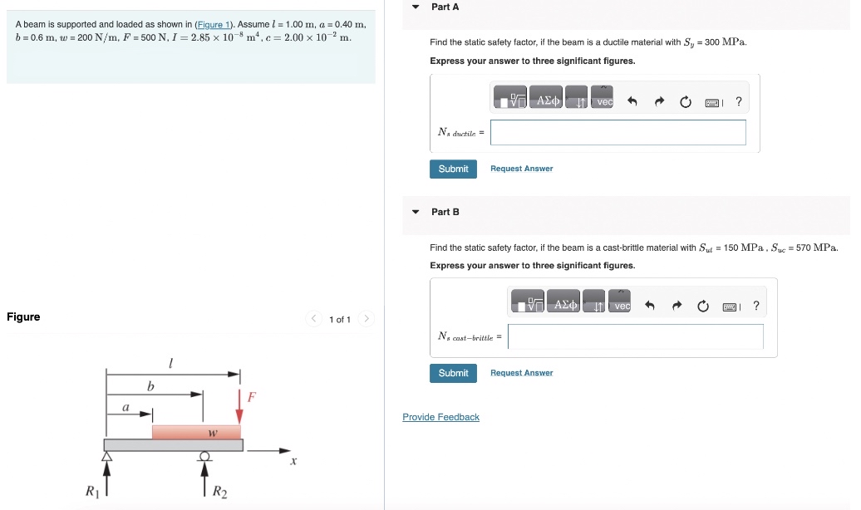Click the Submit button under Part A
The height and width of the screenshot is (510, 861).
(x=453, y=169)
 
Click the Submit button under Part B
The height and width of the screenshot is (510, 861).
(x=453, y=373)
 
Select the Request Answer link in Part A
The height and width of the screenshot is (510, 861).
(x=521, y=169)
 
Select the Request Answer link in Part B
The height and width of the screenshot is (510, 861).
(x=521, y=373)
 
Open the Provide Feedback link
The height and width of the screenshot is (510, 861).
(x=440, y=417)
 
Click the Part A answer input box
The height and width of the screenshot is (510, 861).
(x=617, y=132)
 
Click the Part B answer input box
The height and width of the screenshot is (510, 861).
(x=635, y=336)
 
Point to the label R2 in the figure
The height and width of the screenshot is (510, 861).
(x=219, y=492)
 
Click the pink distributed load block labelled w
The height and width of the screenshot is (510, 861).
(x=196, y=432)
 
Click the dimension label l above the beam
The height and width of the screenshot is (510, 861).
(x=170, y=362)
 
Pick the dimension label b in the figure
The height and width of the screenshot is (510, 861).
(x=150, y=386)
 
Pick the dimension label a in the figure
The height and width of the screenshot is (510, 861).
(x=125, y=407)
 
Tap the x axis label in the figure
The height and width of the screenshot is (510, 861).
(x=293, y=461)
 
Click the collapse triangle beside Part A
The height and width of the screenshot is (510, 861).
(x=416, y=7)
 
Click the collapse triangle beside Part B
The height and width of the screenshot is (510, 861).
(x=416, y=212)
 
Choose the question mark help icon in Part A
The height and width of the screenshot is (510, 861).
(x=739, y=102)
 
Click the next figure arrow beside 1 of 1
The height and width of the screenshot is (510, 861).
(x=368, y=319)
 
